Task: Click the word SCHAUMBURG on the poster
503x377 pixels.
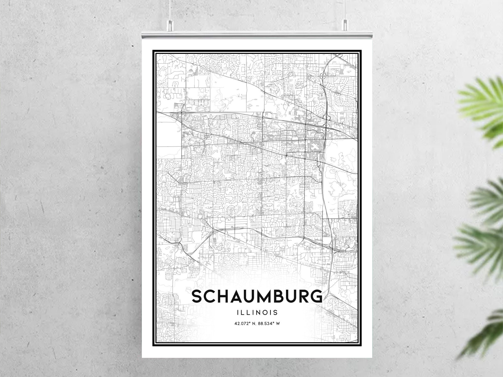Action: [x=257, y=296]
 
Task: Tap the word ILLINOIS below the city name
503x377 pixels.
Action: [x=257, y=313]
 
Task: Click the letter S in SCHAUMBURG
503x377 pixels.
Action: [x=198, y=296]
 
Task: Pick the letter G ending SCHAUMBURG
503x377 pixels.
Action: [x=316, y=296]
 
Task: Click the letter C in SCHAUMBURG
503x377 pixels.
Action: [x=210, y=296]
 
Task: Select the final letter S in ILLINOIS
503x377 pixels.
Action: [x=275, y=313]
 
